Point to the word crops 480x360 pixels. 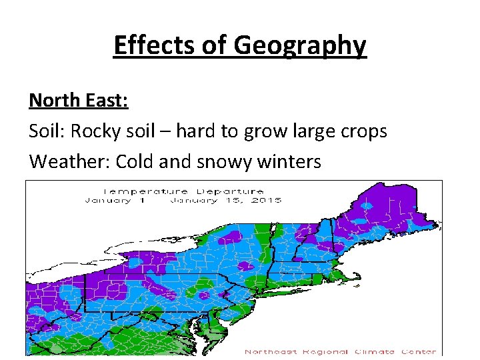click(x=363, y=132)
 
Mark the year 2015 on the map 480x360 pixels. click(x=267, y=200)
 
